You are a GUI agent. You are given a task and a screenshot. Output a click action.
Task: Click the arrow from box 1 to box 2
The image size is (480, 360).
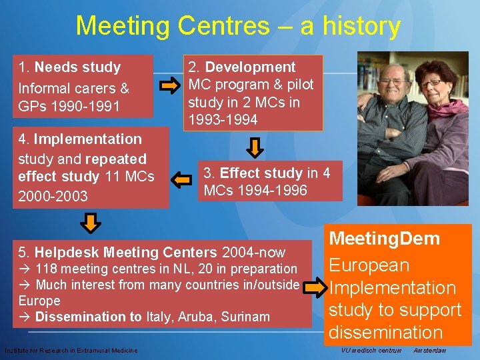click(169, 85)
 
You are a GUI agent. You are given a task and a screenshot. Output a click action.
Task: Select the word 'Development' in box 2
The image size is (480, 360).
click(250, 67)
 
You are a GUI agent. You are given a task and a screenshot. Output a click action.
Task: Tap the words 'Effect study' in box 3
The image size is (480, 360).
click(261, 173)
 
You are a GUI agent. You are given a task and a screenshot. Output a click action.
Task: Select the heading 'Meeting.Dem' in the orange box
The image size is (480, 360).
click(385, 239)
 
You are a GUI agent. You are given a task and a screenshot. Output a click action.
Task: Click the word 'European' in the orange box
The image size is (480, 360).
click(369, 265)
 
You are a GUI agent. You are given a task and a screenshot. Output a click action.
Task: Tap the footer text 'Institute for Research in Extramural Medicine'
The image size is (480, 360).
click(71, 351)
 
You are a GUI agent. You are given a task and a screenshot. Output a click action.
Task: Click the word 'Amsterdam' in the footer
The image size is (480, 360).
click(429, 351)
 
